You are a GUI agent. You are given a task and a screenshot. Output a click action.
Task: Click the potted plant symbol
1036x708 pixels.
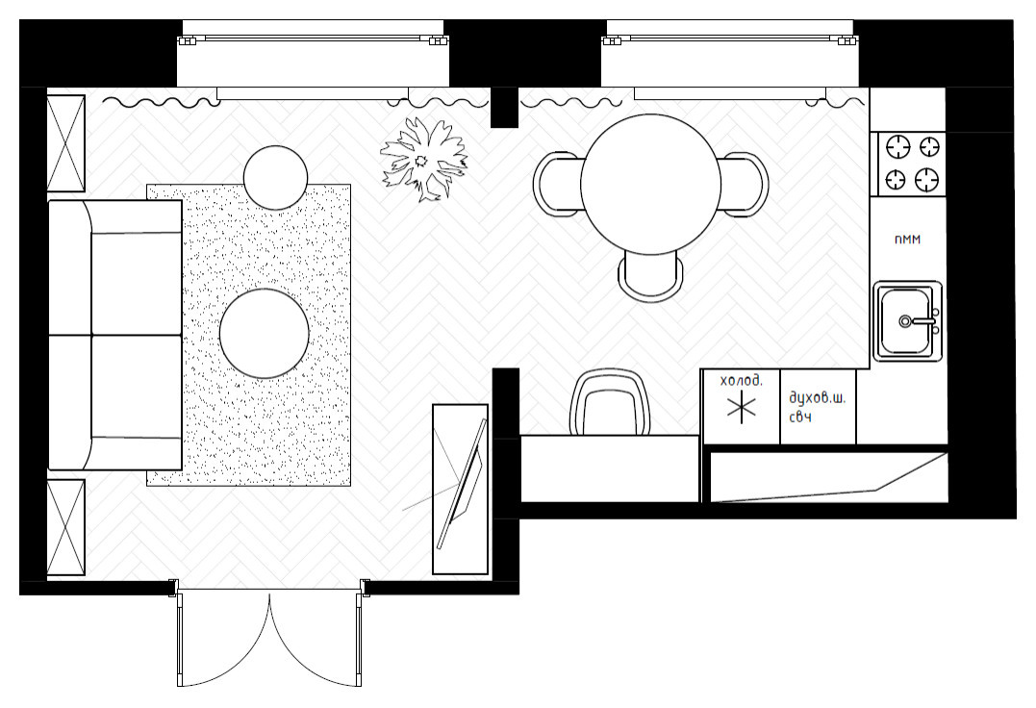(423, 159)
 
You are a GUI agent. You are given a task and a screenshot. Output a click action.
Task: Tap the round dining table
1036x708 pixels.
(650, 185)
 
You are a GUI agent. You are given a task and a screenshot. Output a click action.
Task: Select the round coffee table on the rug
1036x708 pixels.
(265, 333)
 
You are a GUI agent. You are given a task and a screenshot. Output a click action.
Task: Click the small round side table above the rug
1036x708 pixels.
(275, 177)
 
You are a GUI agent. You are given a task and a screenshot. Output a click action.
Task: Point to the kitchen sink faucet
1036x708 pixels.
(919, 321)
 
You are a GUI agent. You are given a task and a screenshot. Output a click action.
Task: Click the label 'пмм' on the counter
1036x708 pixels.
(907, 240)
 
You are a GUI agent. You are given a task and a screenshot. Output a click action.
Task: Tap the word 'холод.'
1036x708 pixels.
(741, 380)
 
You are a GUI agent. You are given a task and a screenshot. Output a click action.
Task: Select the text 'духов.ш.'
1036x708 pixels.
(818, 398)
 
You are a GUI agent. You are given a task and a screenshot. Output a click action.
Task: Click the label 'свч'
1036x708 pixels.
(800, 417)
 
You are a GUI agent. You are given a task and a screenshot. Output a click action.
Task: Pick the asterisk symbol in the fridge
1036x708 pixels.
(742, 406)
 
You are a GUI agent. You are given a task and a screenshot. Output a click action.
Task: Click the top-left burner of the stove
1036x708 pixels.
(897, 146)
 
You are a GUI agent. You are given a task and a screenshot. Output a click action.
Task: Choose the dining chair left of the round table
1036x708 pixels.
(558, 185)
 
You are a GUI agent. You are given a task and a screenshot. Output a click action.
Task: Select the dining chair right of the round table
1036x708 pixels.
(745, 185)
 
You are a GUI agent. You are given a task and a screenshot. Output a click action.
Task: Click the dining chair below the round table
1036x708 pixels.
(651, 276)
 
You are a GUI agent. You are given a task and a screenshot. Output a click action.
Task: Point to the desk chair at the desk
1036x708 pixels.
(611, 401)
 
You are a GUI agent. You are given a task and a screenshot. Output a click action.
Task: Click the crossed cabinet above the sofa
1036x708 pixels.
(66, 143)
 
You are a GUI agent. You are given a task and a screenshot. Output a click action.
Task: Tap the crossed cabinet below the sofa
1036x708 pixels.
(66, 528)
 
